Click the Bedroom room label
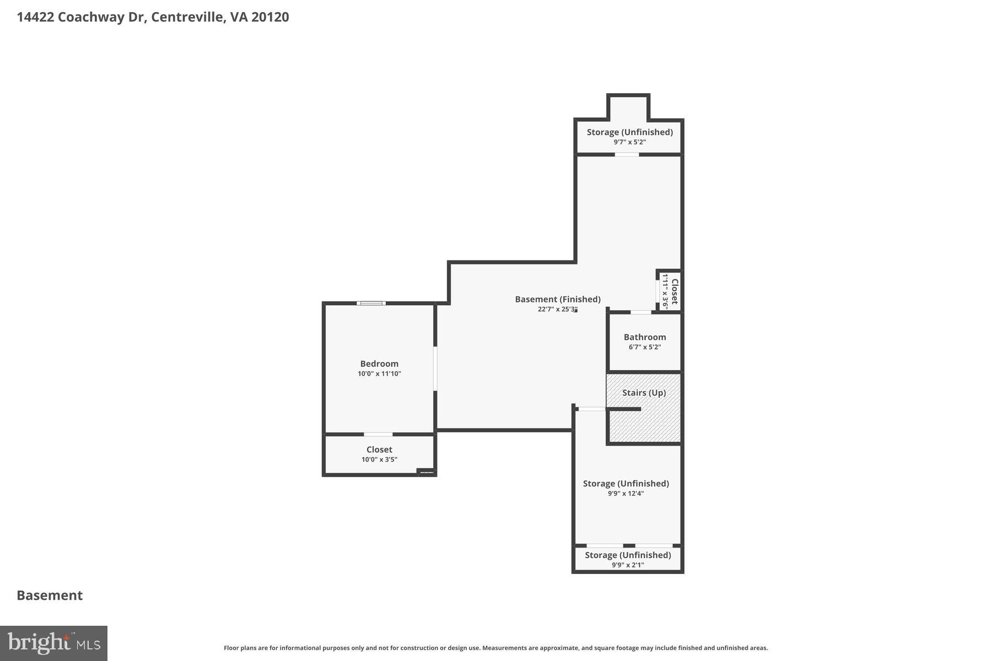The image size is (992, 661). pyautogui.click(x=379, y=364)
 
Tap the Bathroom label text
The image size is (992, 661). pyautogui.click(x=645, y=337)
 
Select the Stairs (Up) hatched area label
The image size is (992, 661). pyautogui.click(x=644, y=393)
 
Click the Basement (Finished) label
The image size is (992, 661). pyautogui.click(x=558, y=299)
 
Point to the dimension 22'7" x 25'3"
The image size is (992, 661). pyautogui.click(x=557, y=310)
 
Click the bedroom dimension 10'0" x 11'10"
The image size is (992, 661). pyautogui.click(x=379, y=373)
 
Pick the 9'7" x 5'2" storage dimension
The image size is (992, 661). pyautogui.click(x=629, y=142)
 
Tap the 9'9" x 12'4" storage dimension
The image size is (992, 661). pyautogui.click(x=626, y=494)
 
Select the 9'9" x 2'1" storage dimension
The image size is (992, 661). pyautogui.click(x=628, y=565)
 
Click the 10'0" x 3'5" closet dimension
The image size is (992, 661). pyautogui.click(x=379, y=459)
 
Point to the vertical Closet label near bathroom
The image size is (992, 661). pyautogui.click(x=674, y=291)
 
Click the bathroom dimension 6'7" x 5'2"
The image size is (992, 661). pyautogui.click(x=644, y=347)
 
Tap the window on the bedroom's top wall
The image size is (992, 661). pyautogui.click(x=371, y=303)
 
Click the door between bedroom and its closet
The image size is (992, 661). pyautogui.click(x=378, y=435)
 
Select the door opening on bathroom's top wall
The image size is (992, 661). pyautogui.click(x=640, y=312)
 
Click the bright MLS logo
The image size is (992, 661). pyautogui.click(x=53, y=643)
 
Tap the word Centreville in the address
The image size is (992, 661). pyautogui.click(x=187, y=17)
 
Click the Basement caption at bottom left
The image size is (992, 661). pyautogui.click(x=50, y=595)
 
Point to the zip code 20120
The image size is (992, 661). pyautogui.click(x=270, y=17)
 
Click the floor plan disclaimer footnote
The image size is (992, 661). pyautogui.click(x=495, y=648)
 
